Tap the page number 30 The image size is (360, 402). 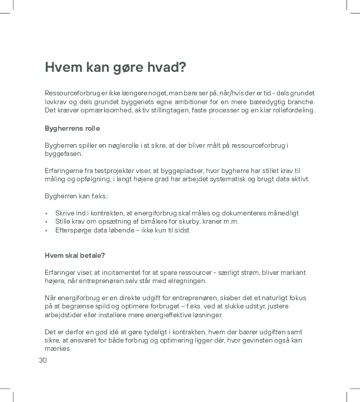click(x=42, y=360)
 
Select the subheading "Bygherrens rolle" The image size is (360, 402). click(x=72, y=128)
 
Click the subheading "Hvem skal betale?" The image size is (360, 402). click(x=75, y=255)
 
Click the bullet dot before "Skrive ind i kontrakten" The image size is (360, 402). click(x=46, y=213)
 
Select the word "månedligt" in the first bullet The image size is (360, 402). click(x=283, y=212)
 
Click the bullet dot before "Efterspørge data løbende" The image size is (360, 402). click(x=46, y=230)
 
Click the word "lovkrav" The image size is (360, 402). click(x=57, y=102)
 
